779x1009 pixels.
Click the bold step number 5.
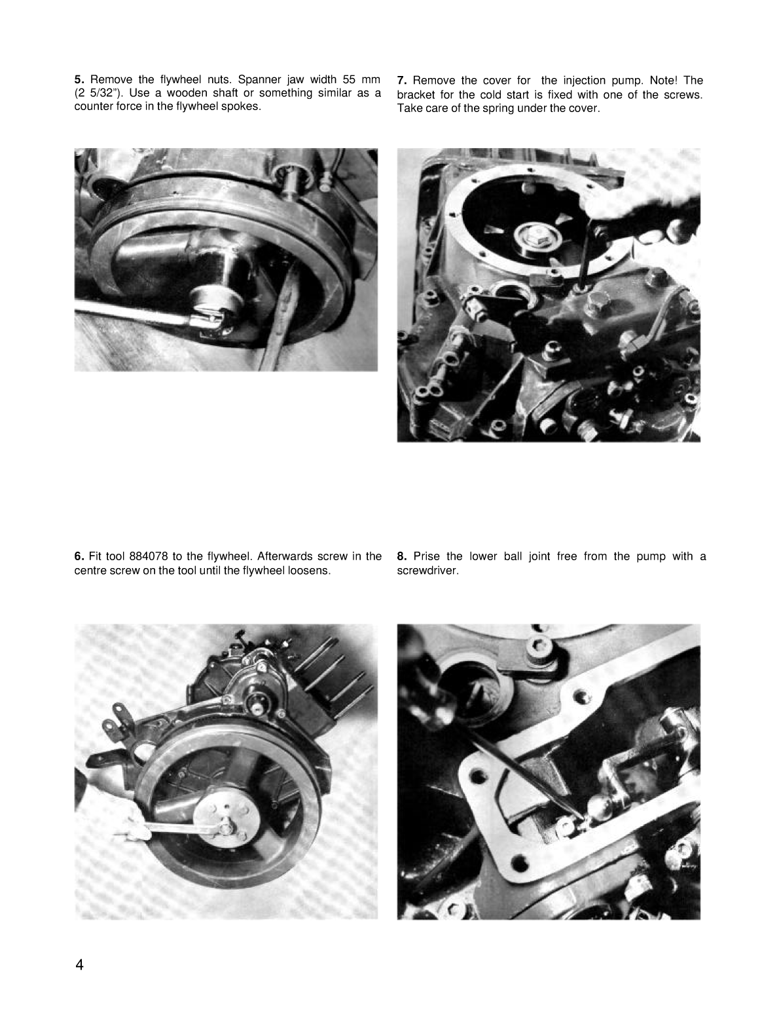coord(78,80)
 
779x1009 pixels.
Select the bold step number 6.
coord(78,556)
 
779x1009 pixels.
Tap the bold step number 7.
coord(402,81)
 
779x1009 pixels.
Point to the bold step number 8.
coord(402,556)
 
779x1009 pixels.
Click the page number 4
coord(80,964)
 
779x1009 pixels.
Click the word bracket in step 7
coord(416,94)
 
